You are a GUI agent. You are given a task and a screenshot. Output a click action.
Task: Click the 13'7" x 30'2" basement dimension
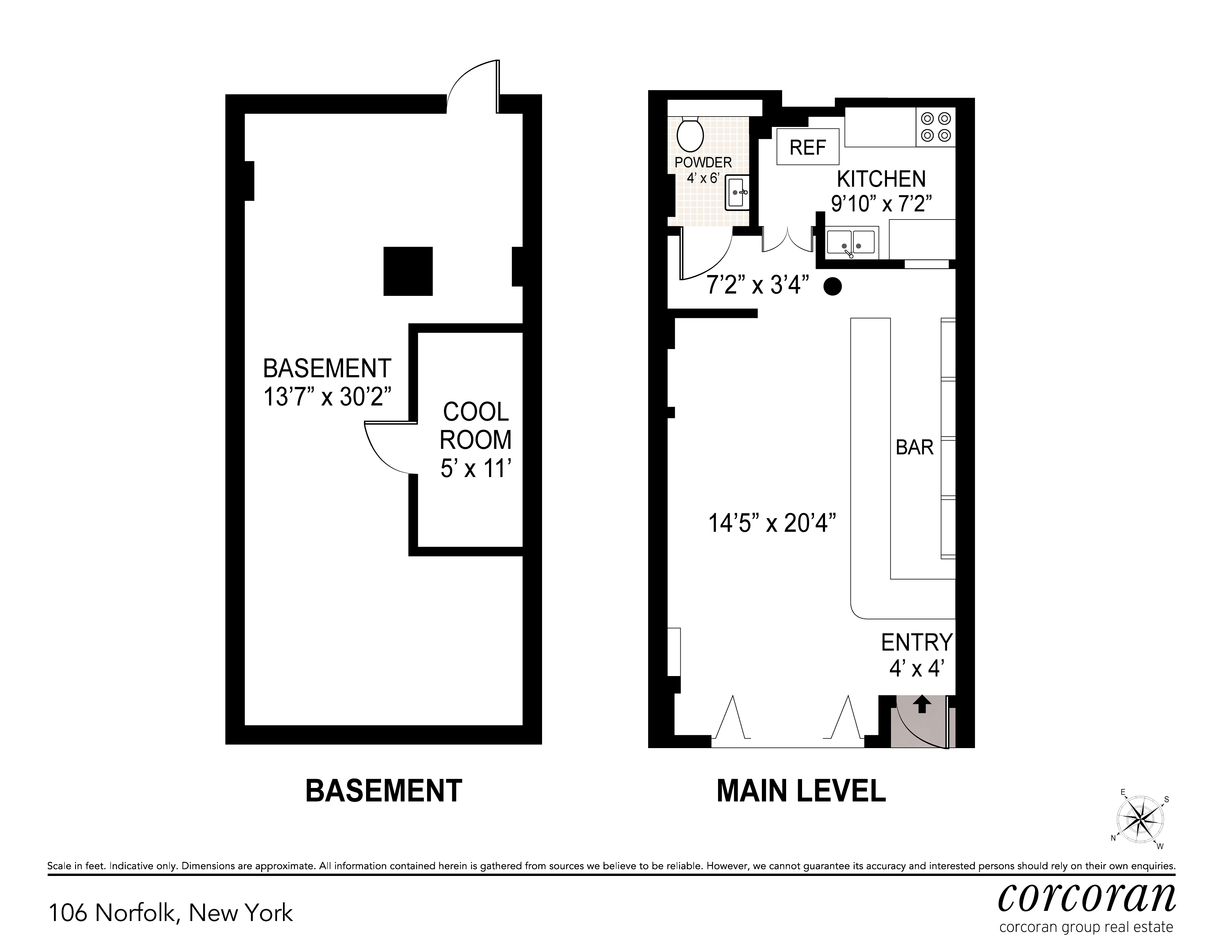[x=327, y=397]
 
